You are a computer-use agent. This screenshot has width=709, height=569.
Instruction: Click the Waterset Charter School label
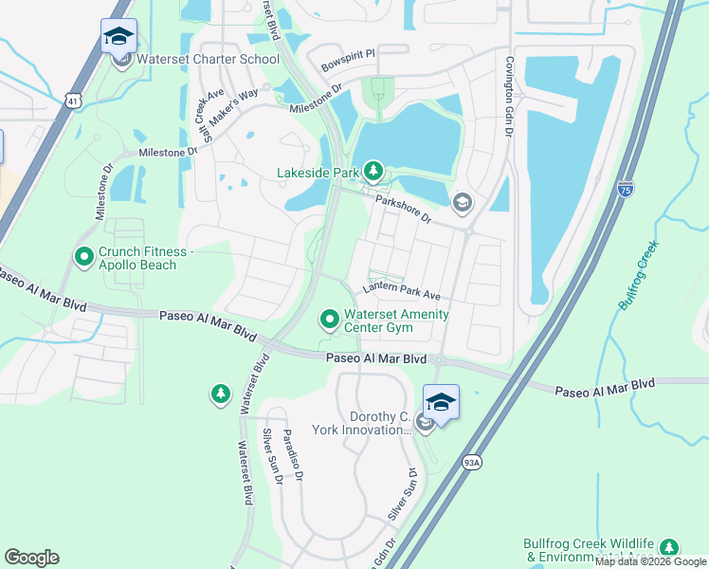point(209,59)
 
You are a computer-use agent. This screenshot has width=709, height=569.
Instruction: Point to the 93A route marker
point(473,462)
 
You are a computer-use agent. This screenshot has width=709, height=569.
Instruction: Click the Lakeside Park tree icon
point(374,172)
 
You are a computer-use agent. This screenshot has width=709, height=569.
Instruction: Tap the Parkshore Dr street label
point(403,210)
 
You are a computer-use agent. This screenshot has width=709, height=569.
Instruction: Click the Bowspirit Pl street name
point(348,61)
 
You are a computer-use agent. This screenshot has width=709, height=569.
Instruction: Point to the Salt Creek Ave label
point(209,118)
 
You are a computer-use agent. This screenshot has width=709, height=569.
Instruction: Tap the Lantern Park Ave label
point(402,293)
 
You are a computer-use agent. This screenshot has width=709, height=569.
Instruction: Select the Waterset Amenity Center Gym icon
point(329,319)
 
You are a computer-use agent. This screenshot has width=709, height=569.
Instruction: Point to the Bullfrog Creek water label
point(639,276)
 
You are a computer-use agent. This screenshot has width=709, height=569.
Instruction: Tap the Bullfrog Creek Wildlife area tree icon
point(670,548)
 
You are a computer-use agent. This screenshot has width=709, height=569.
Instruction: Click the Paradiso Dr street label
point(293,459)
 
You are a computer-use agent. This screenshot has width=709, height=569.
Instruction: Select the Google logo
point(31,558)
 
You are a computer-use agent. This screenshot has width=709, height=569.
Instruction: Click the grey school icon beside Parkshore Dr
point(462,201)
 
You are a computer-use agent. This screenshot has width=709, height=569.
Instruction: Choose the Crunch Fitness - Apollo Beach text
point(137,259)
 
